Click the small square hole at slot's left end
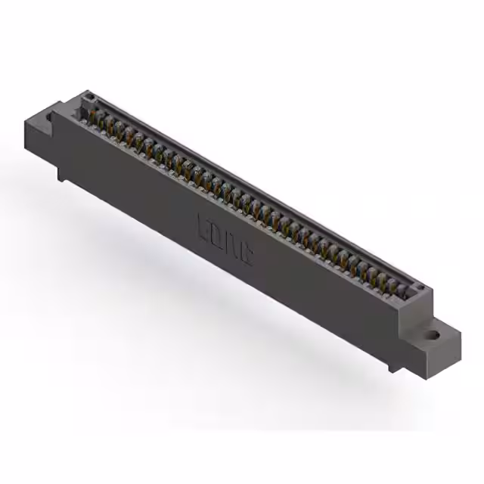(88, 98)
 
